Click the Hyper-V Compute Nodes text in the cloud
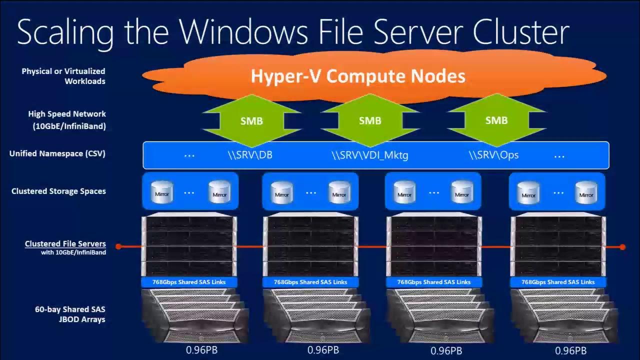click(x=358, y=76)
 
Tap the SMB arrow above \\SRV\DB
click(x=251, y=120)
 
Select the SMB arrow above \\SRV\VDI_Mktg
click(x=370, y=120)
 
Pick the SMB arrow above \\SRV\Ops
click(x=496, y=120)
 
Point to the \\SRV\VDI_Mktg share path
click(x=370, y=155)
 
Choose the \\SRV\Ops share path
click(x=493, y=155)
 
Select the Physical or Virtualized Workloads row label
click(x=63, y=76)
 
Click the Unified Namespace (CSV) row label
click(x=57, y=153)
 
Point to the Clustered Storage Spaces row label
click(x=58, y=191)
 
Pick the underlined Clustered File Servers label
click(x=65, y=244)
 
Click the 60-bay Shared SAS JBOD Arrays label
click(x=70, y=314)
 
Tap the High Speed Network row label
click(x=67, y=120)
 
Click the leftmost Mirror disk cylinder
click(x=161, y=192)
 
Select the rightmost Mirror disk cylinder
click(x=586, y=192)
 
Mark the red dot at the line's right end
click(x=622, y=246)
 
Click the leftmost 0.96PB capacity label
click(x=202, y=350)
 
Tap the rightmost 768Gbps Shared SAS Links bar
click(x=558, y=282)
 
